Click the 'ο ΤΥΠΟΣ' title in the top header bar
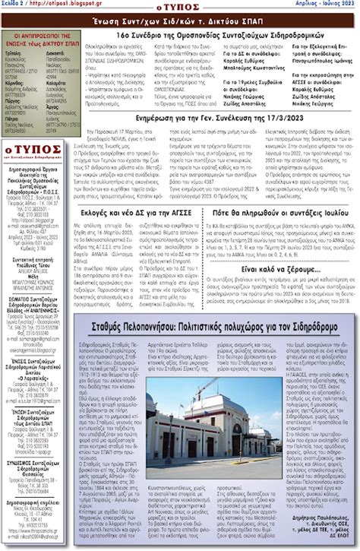click(179, 6)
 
